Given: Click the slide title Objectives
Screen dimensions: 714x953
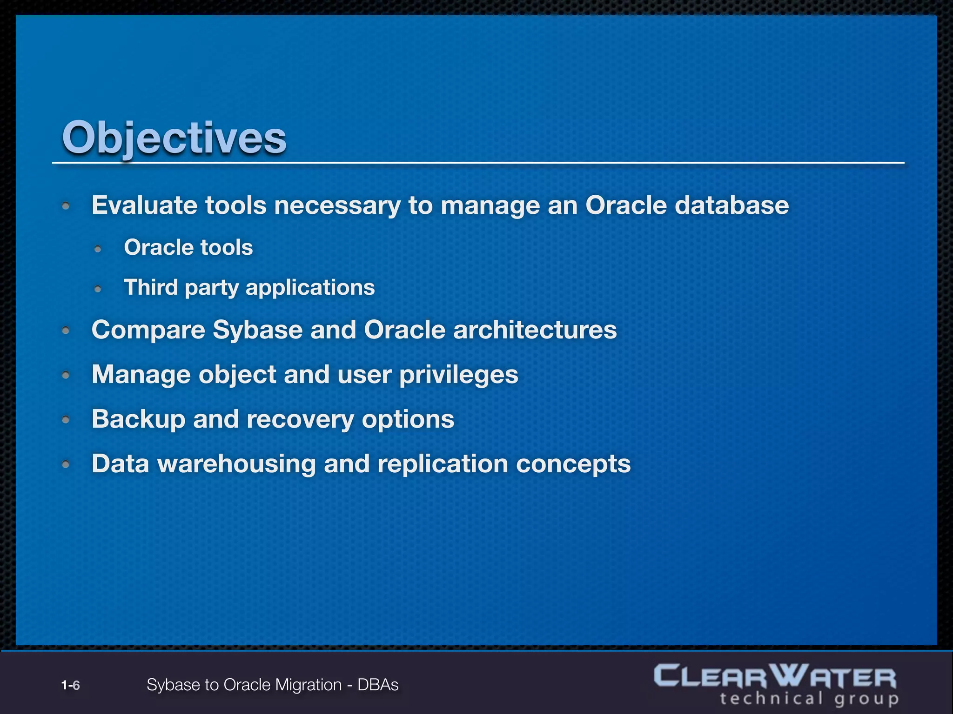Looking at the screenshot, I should coord(174,138).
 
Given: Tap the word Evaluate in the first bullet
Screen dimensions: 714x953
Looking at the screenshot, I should coord(144,205).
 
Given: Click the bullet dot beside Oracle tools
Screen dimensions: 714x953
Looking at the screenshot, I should coord(98,249).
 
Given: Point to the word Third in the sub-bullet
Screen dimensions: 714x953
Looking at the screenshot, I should coord(151,287).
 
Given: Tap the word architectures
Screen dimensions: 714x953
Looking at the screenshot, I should coord(535,330).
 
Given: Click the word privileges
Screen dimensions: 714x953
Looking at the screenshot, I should coord(458,375).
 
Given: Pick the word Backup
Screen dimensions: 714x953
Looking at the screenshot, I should coord(138,419).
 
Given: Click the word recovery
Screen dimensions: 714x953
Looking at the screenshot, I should coord(300,419).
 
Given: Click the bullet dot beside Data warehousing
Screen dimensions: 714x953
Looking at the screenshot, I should coord(66,464).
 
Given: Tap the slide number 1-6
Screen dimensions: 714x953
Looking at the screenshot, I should coord(70,685).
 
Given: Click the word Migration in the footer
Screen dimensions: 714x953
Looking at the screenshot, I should coord(308,685).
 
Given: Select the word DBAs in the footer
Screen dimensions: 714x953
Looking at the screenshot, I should coord(378,685).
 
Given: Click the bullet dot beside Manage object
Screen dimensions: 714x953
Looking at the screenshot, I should coord(66,375).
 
